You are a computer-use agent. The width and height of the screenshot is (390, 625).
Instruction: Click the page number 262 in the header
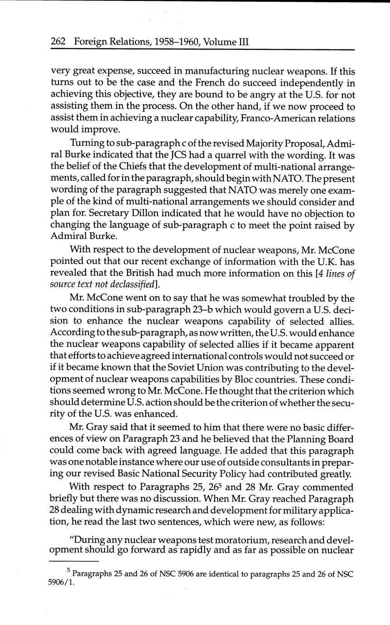(58, 42)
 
